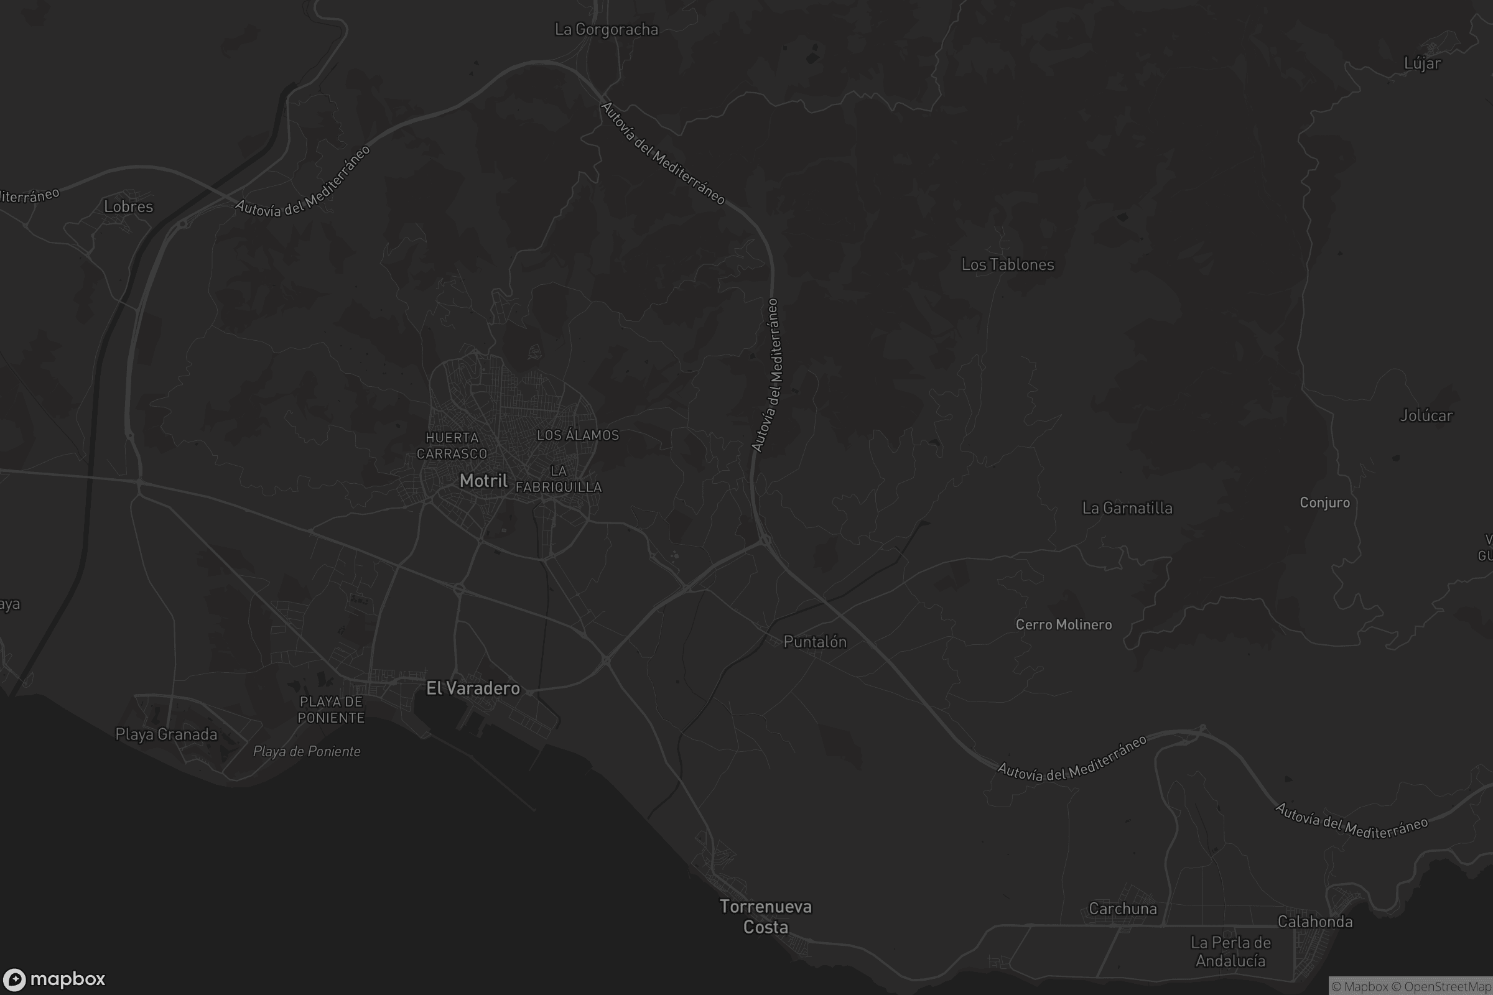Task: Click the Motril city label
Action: [x=483, y=481]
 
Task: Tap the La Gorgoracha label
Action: [x=606, y=30]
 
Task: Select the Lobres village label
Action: [x=128, y=207]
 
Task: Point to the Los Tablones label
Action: [x=1007, y=265]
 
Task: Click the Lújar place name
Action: [x=1422, y=63]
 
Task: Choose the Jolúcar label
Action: [x=1426, y=415]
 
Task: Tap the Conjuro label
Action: [x=1324, y=502]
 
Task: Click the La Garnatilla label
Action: [x=1127, y=508]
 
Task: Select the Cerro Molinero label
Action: [x=1063, y=625]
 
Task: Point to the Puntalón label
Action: [x=814, y=642]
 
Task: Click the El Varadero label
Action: [x=473, y=688]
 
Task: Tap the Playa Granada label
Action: [x=166, y=735]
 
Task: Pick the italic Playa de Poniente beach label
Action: [x=307, y=752]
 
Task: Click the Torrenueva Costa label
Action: [x=766, y=917]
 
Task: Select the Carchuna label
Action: [x=1122, y=909]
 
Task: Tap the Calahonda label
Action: [x=1314, y=922]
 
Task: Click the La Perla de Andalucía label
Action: [x=1230, y=952]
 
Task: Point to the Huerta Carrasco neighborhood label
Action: [x=452, y=445]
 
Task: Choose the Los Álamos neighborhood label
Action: [x=578, y=435]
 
